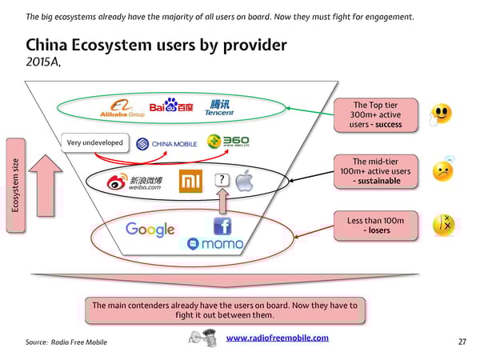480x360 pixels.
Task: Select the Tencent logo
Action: [x=219, y=107]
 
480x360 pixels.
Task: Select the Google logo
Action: [x=150, y=230]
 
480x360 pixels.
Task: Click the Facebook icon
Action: [x=222, y=226]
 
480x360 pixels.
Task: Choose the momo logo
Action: [x=215, y=243]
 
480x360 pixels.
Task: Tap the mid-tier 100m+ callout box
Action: [x=376, y=171]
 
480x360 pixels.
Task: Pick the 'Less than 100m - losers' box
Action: [x=376, y=226]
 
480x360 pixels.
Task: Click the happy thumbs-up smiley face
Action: [x=441, y=114]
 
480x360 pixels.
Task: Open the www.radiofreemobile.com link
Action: [x=278, y=338]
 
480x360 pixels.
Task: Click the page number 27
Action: [x=462, y=342]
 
